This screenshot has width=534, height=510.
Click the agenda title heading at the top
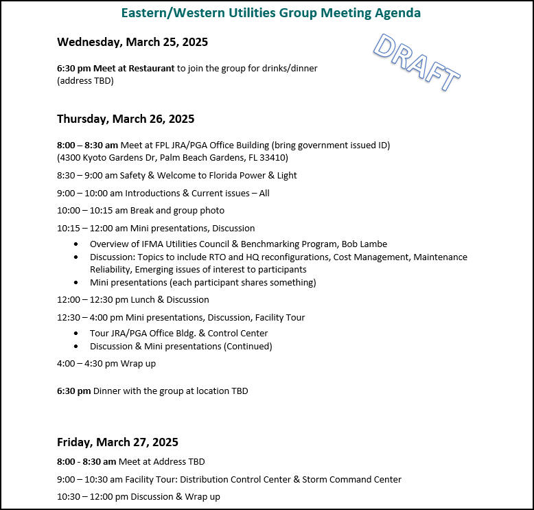tap(270, 13)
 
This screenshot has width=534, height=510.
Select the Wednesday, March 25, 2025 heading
tap(132, 42)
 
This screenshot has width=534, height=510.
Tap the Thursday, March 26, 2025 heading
tap(126, 119)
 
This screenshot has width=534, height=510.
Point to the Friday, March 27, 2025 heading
tap(117, 442)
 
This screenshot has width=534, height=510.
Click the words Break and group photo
tap(183, 210)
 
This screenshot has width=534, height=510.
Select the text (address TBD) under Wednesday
tap(85, 80)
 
